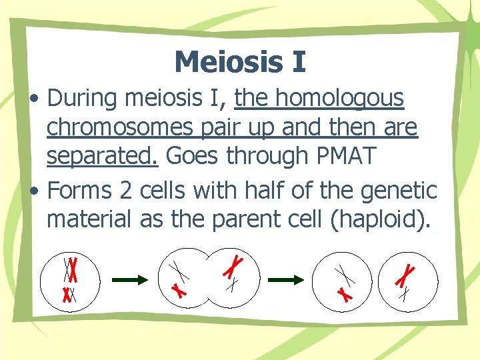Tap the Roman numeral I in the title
pos(297,61)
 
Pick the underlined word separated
pos(102,156)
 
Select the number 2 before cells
pos(145,191)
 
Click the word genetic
pos(399,191)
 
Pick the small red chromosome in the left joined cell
pos(178,290)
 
